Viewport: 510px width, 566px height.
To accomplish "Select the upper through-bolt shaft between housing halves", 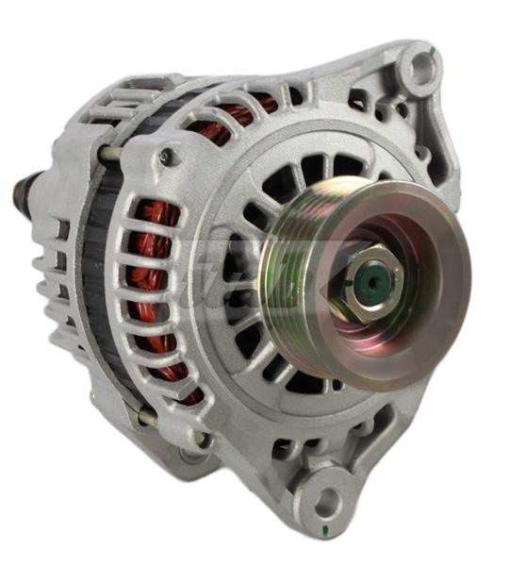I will tap(110, 153).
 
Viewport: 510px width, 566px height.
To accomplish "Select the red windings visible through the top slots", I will tap(231, 118).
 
